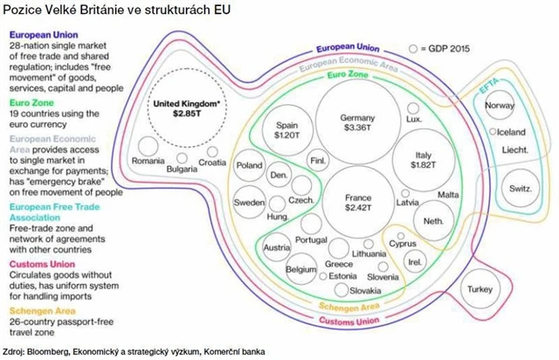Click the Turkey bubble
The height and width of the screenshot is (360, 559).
(480, 288)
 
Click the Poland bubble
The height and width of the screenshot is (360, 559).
(250, 165)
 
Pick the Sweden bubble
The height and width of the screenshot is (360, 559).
(250, 202)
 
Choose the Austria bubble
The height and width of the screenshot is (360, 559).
(276, 247)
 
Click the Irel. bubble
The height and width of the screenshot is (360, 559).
(415, 260)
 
